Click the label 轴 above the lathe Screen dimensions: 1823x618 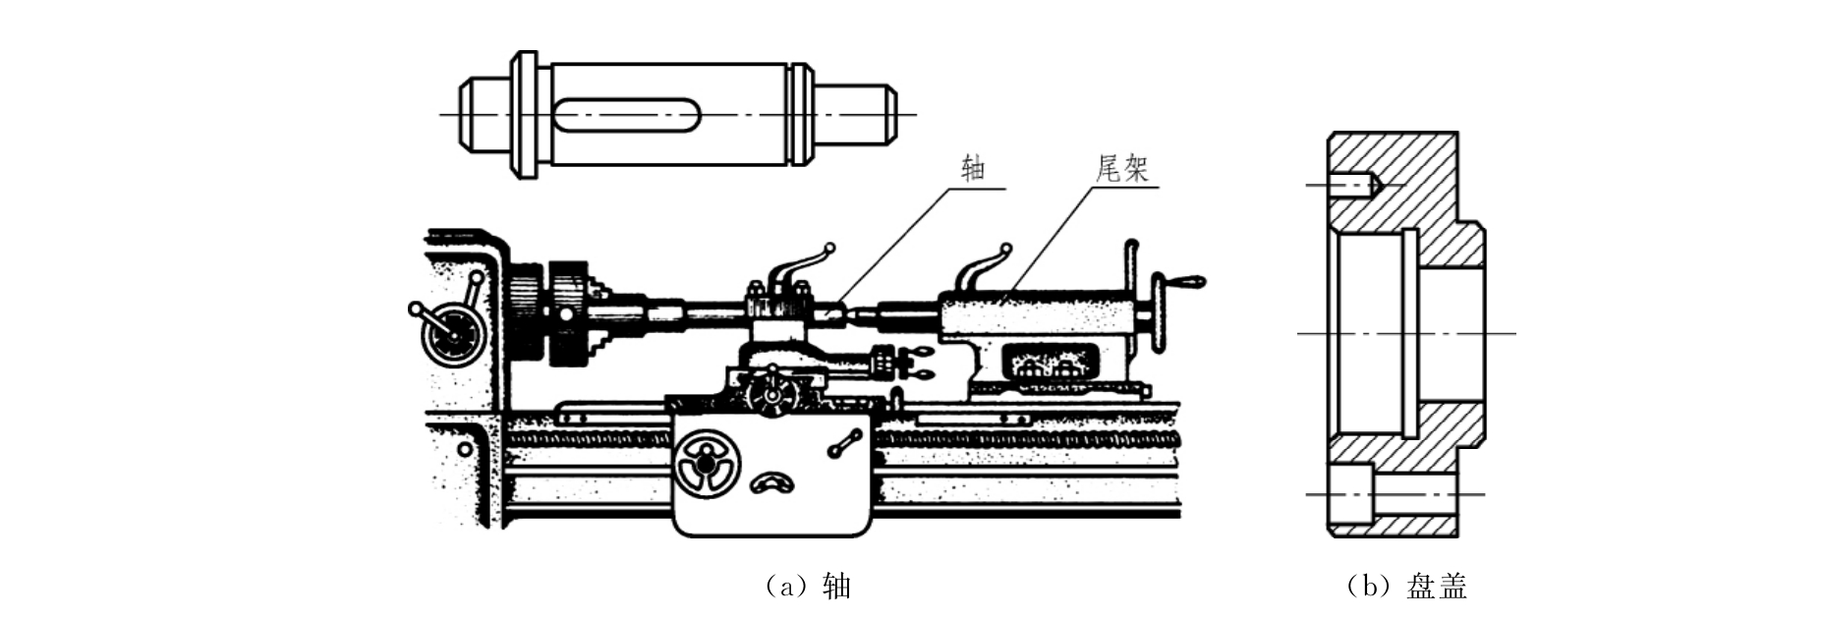tap(973, 169)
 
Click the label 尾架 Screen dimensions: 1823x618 tap(1121, 169)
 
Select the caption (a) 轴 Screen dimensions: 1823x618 tap(806, 587)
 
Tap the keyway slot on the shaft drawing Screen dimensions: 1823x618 tap(626, 115)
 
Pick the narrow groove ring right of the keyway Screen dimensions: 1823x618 tap(801, 114)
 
